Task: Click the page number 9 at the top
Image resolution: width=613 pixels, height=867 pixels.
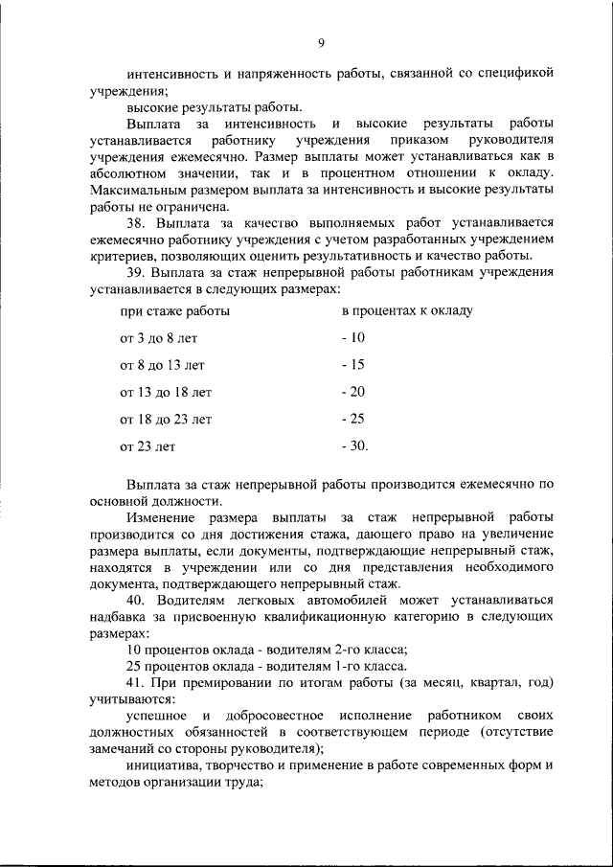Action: tap(322, 41)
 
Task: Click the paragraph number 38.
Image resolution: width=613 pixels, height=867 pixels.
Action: tap(135, 223)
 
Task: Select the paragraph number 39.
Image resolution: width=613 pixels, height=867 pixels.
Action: tap(135, 271)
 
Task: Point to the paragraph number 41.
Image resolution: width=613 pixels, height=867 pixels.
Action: tap(135, 682)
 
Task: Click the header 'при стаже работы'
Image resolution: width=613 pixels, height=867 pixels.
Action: tap(174, 311)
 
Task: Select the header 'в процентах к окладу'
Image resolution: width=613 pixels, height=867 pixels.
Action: tap(406, 311)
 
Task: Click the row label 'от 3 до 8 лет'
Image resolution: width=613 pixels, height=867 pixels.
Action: tap(158, 338)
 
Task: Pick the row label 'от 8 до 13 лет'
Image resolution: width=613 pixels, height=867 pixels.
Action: tap(162, 365)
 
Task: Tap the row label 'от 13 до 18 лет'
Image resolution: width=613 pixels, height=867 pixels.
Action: tap(166, 392)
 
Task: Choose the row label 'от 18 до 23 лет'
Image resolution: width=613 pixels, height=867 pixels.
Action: tap(166, 419)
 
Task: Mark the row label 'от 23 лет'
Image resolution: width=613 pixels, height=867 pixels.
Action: tap(148, 446)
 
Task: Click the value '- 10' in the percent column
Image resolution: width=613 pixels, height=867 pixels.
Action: tap(353, 338)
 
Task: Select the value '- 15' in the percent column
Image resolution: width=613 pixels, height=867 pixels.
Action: tap(353, 365)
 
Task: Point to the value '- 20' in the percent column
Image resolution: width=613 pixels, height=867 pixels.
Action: tap(353, 392)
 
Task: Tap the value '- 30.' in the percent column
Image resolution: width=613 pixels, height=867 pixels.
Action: tap(355, 446)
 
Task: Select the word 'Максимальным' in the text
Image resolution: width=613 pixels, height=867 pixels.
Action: tap(134, 190)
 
